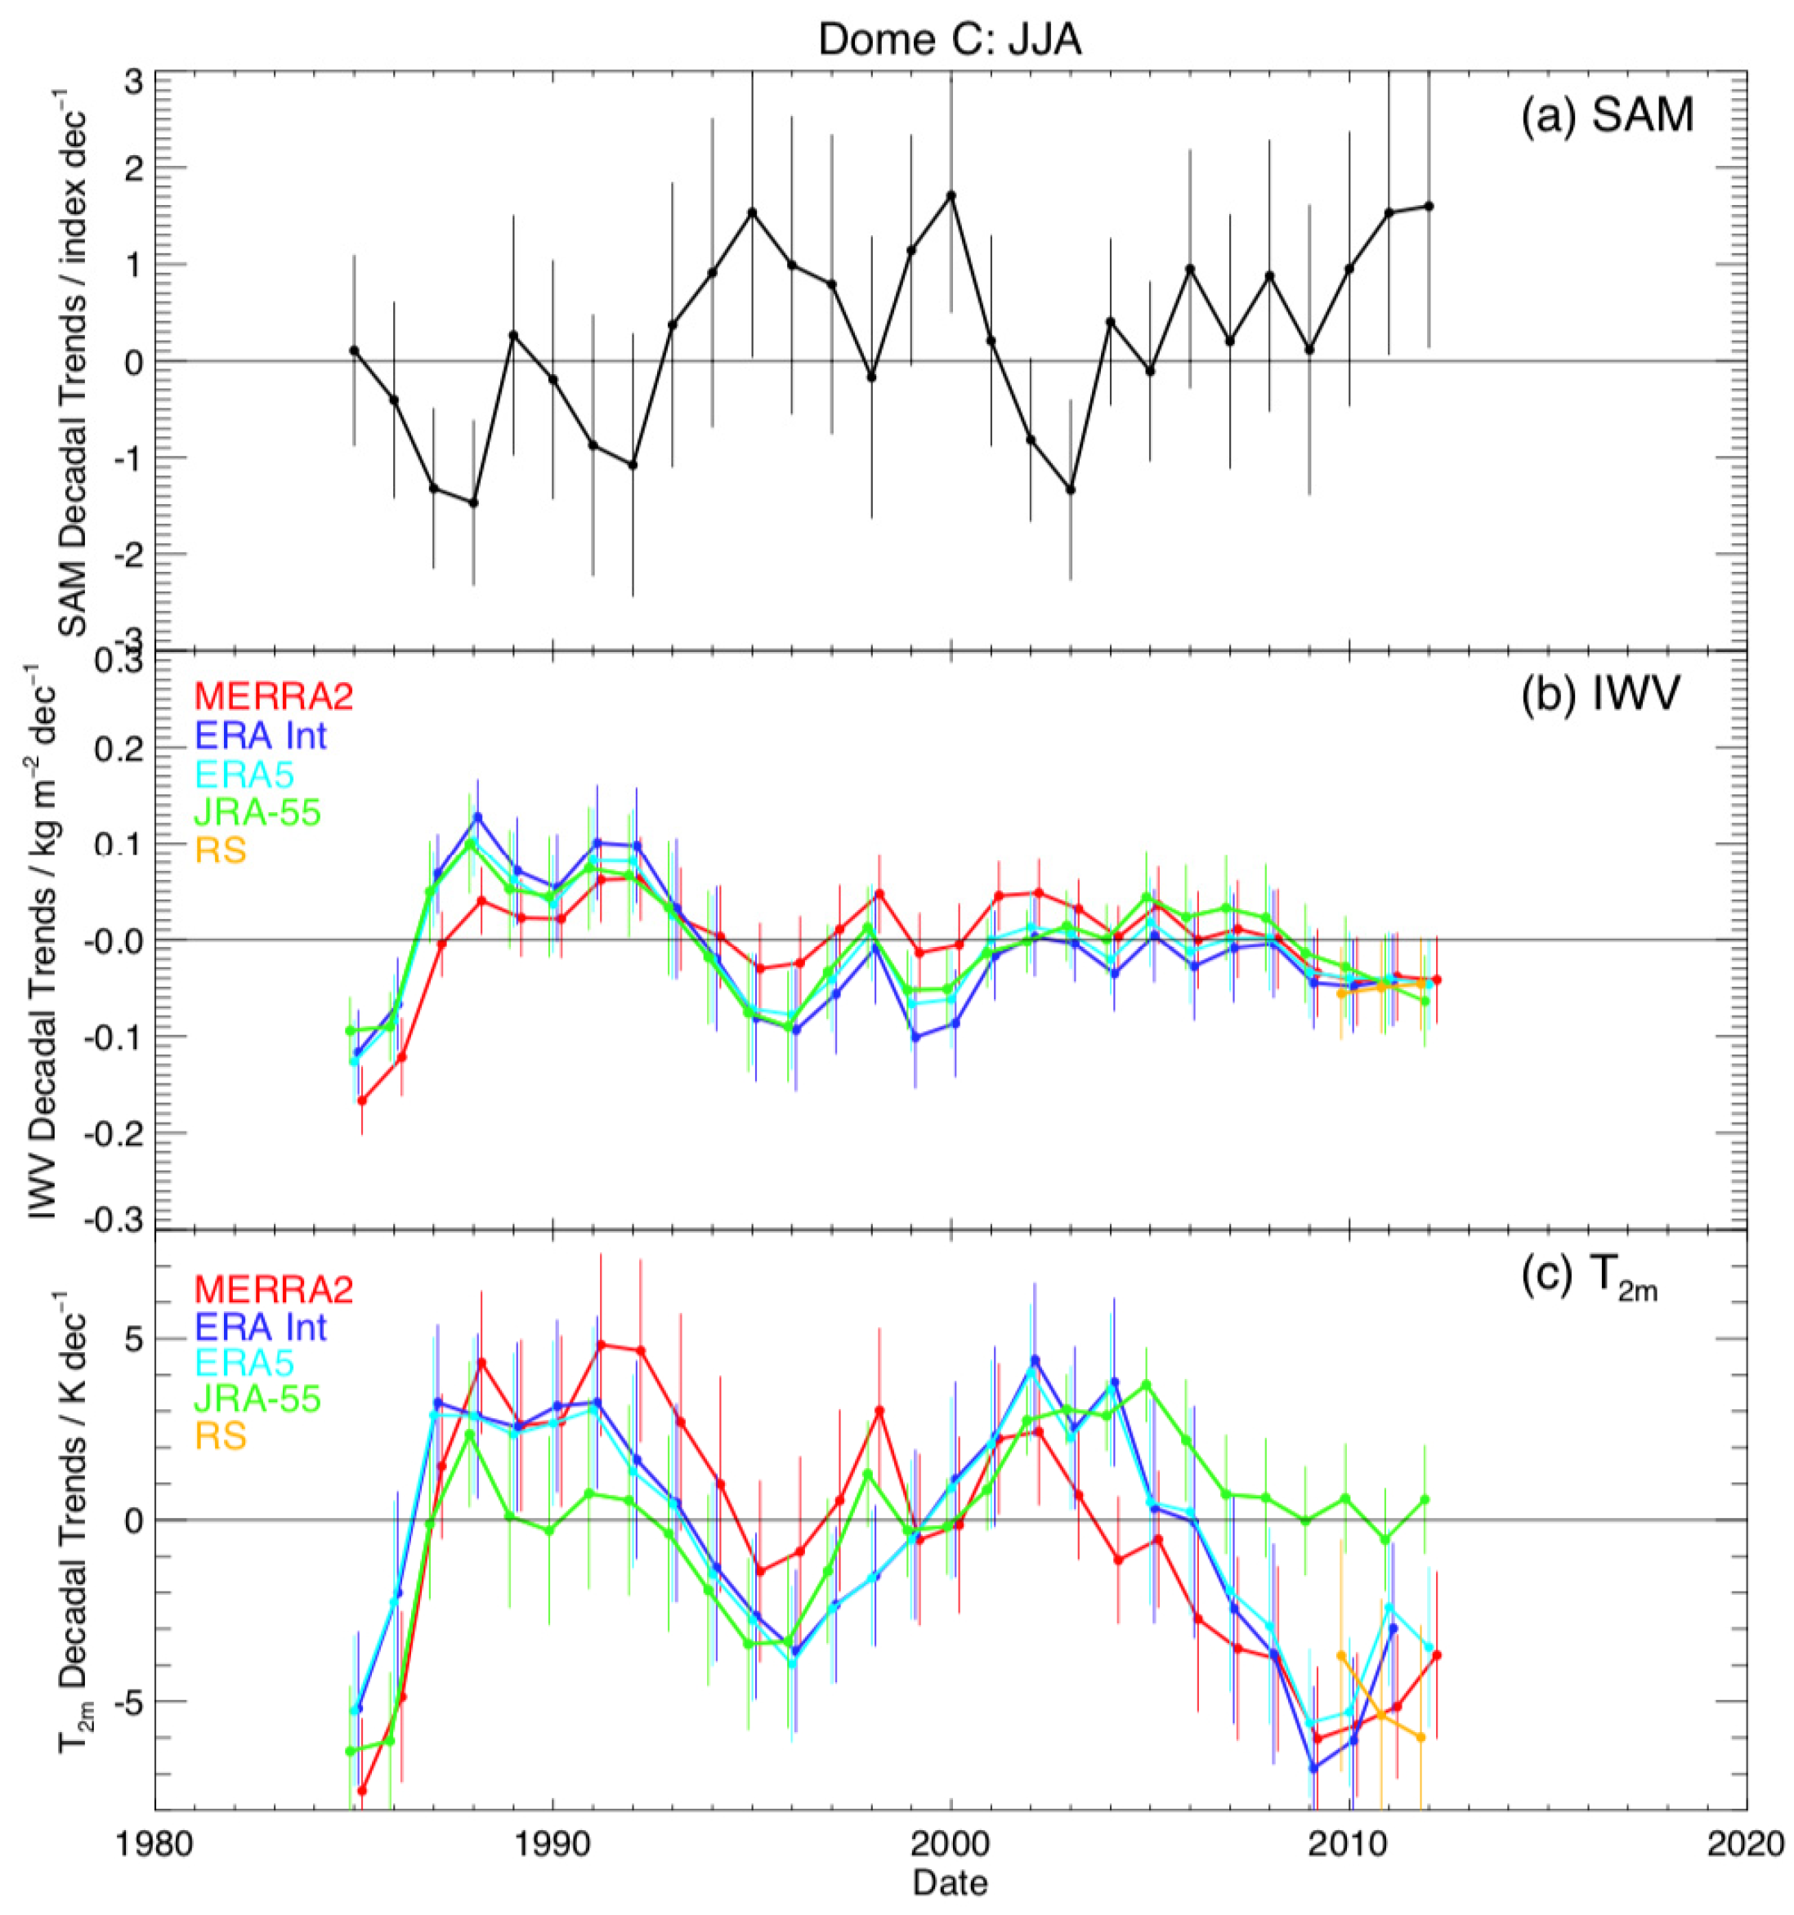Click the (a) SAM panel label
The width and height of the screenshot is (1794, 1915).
point(1606,117)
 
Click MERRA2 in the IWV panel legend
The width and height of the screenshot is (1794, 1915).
point(274,695)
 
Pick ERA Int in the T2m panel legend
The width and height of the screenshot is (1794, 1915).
point(261,1328)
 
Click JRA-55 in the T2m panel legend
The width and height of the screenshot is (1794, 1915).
point(257,1399)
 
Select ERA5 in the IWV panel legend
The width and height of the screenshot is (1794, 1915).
point(244,774)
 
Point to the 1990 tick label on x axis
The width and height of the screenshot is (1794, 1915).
point(552,1843)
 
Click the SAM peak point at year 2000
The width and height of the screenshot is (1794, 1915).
point(951,195)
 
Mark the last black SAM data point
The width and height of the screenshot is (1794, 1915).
point(1429,206)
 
